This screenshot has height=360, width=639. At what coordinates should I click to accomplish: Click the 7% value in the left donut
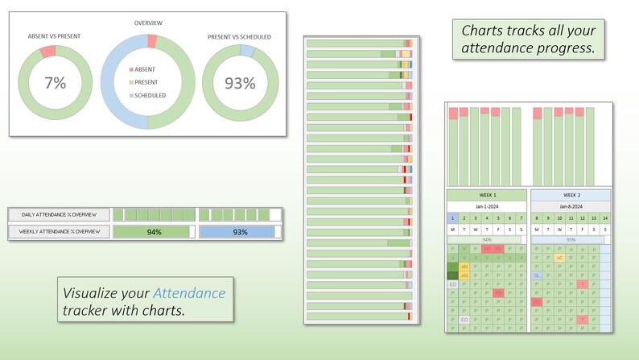[x=55, y=83]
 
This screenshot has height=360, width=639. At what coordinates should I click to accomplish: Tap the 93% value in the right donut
[x=239, y=83]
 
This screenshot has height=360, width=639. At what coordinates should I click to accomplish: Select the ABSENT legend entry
[x=145, y=70]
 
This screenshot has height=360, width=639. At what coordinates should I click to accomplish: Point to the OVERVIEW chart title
[x=147, y=23]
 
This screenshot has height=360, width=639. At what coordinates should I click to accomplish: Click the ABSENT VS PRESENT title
[x=54, y=36]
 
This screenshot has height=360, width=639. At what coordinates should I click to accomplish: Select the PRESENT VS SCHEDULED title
[x=239, y=36]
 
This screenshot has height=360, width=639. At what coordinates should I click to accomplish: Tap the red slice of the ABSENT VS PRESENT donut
[x=47, y=52]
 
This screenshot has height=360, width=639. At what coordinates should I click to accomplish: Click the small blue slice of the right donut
[x=248, y=51]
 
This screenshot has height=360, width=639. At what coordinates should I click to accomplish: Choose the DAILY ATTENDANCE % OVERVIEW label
[x=60, y=215]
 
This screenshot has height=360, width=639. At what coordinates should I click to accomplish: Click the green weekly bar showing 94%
[x=153, y=232]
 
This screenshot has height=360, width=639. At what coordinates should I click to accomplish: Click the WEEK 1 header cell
[x=487, y=195]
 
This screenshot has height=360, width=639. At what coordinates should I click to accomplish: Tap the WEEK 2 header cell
[x=571, y=195]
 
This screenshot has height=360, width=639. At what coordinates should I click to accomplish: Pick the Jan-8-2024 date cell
[x=571, y=206]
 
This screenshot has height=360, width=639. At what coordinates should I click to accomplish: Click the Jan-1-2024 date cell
[x=487, y=206]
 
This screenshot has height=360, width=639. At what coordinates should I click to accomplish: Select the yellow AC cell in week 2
[x=559, y=258]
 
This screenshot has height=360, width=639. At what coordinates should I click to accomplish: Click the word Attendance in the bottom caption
[x=189, y=293]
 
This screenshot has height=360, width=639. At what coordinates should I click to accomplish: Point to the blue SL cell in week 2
[x=537, y=275]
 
